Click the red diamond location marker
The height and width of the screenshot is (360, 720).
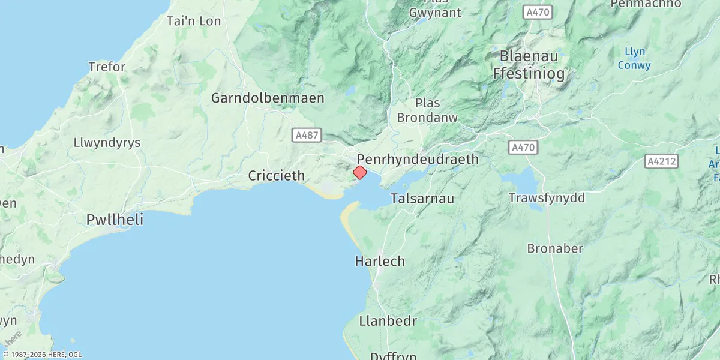pos(359,173)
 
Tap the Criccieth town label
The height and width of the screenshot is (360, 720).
pos(277,176)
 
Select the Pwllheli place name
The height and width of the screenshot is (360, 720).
pos(115,220)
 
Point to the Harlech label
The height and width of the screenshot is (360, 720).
pos(380,262)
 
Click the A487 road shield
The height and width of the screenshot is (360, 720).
pos(307,136)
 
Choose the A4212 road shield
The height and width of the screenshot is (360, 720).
pos(662,161)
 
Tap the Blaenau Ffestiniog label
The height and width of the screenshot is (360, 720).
pos(529,65)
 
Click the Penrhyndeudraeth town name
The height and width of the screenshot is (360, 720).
pos(418,159)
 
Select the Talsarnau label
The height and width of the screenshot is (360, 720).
pos(422,199)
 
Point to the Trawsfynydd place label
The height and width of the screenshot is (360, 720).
pos(547,198)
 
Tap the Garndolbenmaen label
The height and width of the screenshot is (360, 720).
pos(268,98)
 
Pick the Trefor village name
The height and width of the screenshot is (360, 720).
pos(107,67)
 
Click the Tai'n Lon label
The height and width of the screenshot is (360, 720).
pos(194,21)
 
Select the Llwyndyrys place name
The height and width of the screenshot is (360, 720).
pos(107,143)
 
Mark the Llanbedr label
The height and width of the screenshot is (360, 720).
pos(388,321)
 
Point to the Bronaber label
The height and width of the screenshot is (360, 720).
pos(555,248)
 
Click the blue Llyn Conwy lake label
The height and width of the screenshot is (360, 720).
pos(634,58)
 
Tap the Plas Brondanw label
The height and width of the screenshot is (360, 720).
pos(427,110)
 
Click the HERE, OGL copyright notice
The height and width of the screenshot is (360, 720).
pos(42,355)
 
